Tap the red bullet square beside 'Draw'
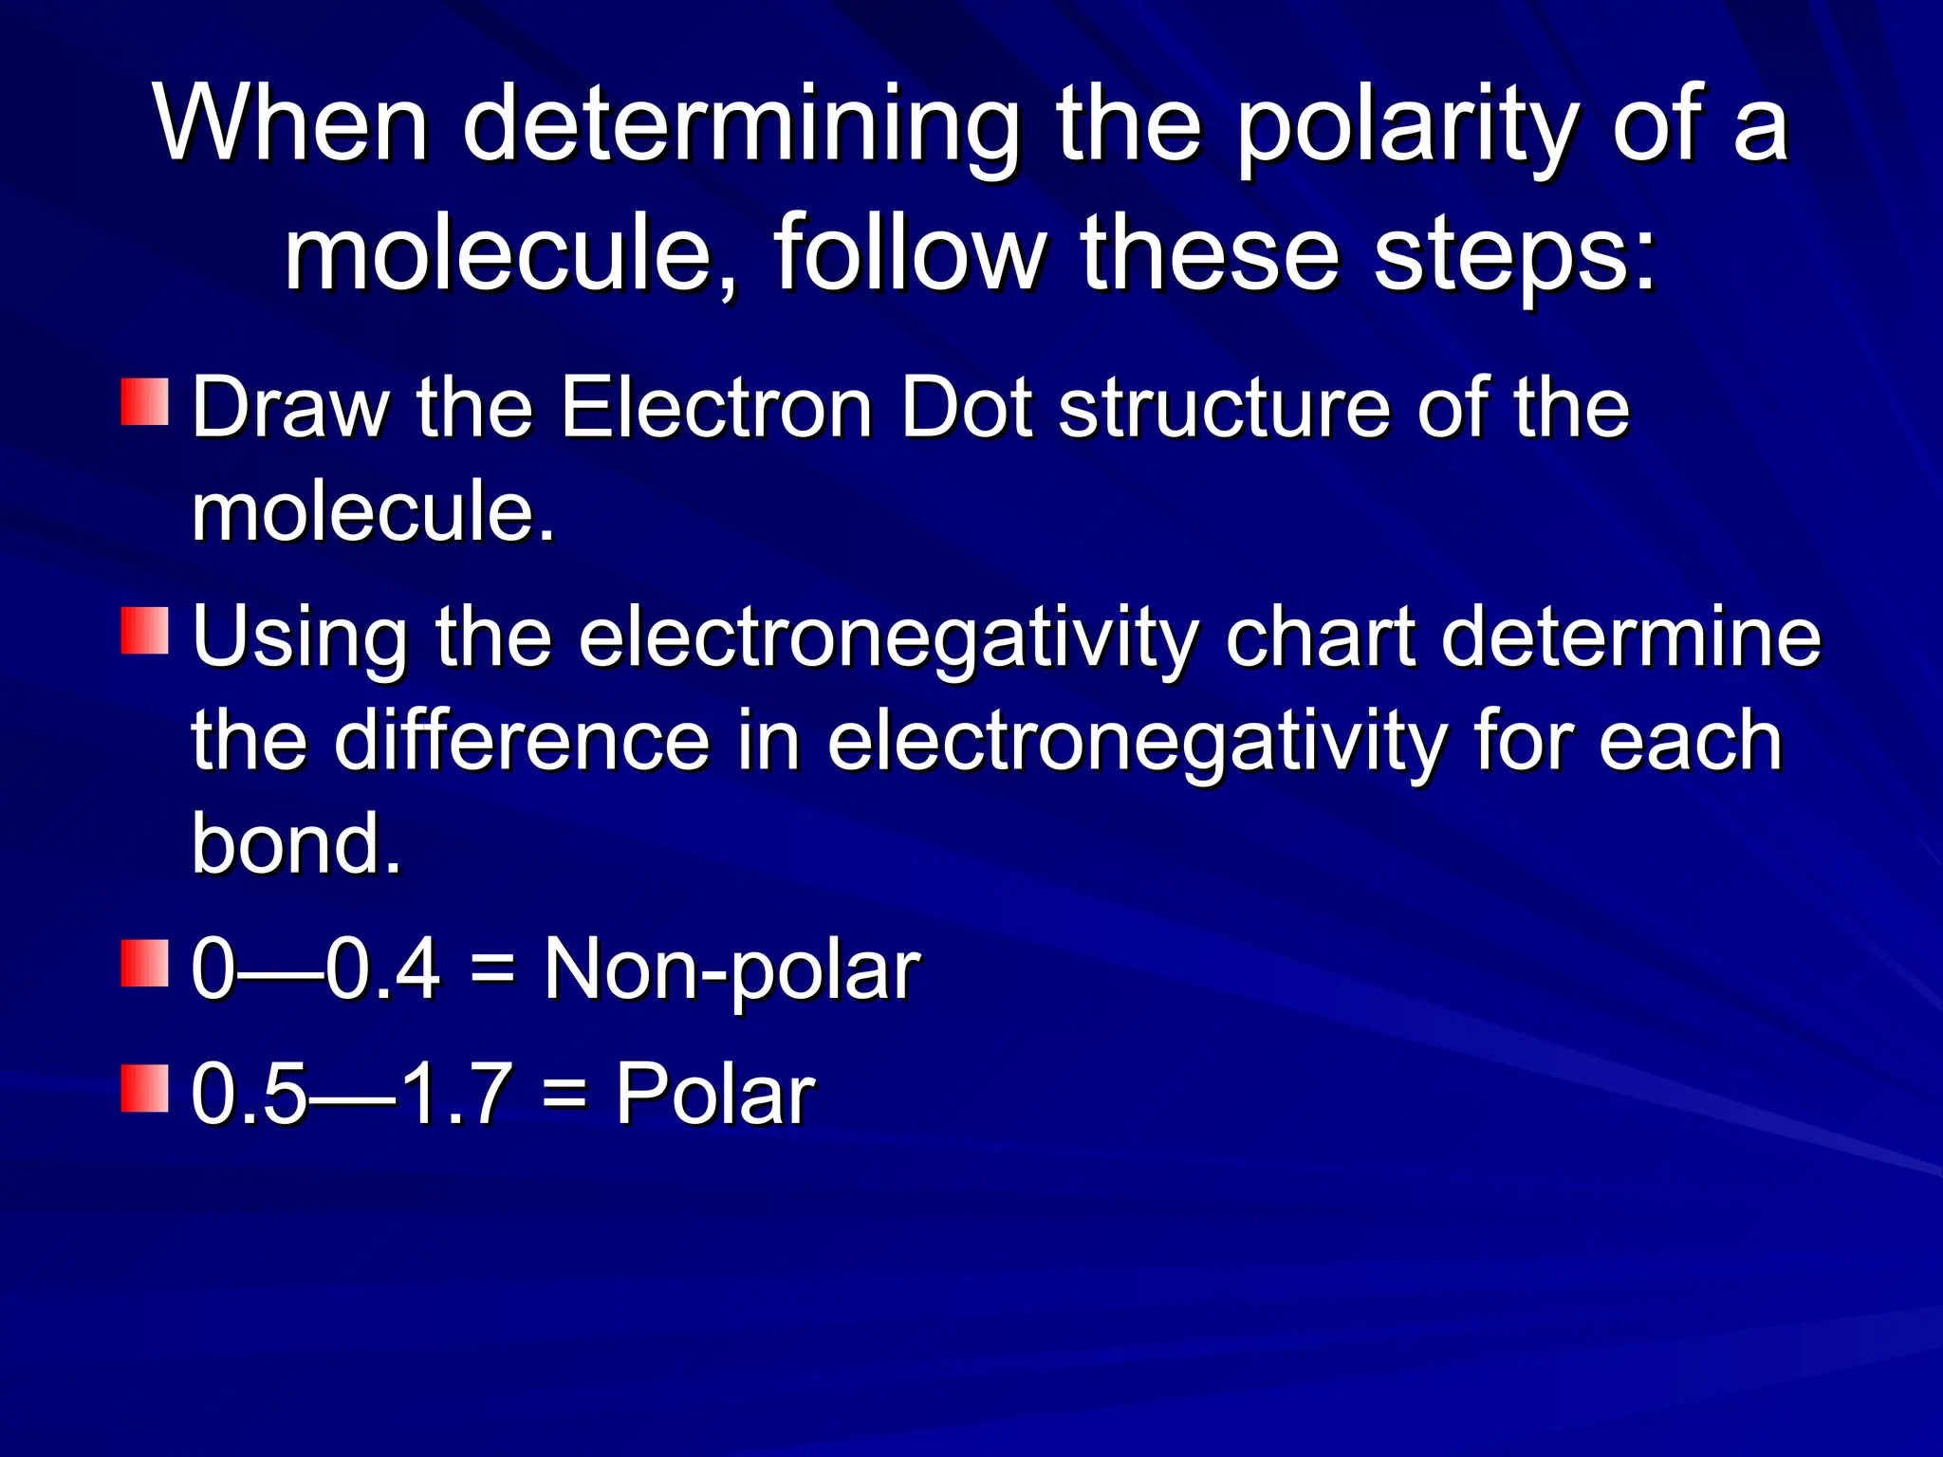tap(144, 402)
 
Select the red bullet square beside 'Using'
tap(144, 631)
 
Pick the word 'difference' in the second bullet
tap(522, 741)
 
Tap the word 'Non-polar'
tap(731, 969)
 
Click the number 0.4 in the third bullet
tap(383, 969)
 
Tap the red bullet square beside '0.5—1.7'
tap(144, 1088)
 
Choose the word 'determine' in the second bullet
tap(1631, 637)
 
